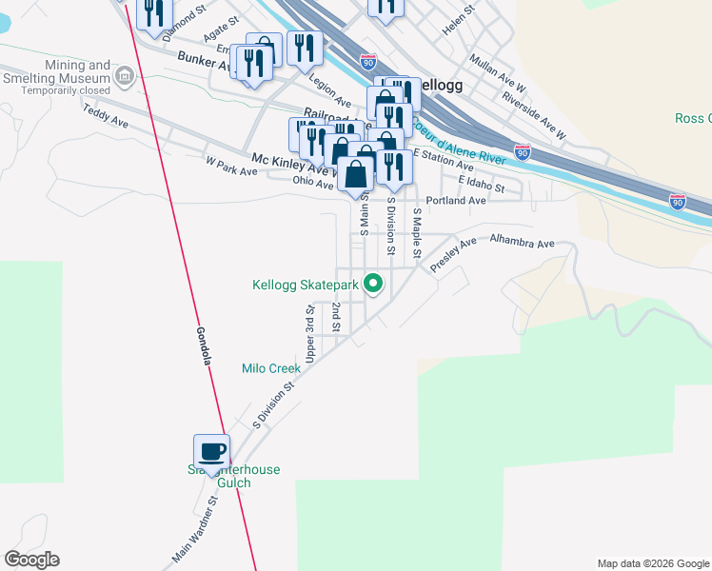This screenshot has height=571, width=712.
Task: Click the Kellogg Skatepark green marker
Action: (x=374, y=284)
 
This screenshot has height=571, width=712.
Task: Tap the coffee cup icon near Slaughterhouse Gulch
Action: (x=211, y=451)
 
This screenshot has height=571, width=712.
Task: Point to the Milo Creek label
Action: (x=271, y=368)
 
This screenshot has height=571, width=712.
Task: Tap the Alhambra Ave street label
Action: (x=522, y=244)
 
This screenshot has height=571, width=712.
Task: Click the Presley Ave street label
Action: (x=453, y=256)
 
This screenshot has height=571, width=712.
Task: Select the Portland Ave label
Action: (x=456, y=201)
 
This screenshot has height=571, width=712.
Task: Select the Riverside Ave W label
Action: (x=534, y=110)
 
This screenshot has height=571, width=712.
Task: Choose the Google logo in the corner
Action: (x=31, y=560)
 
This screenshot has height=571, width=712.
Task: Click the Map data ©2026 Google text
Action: (x=652, y=563)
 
